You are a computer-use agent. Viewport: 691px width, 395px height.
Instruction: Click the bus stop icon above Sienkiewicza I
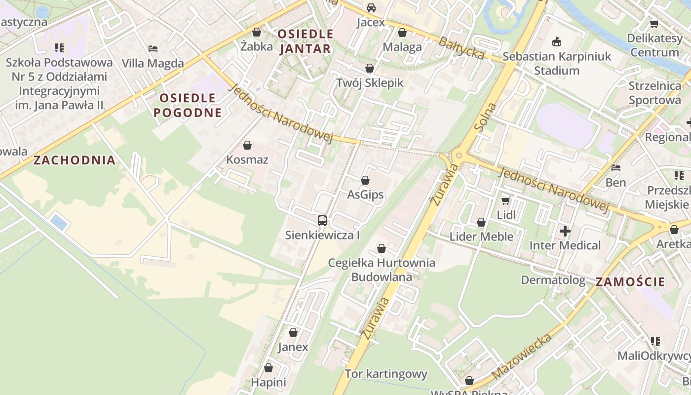coord(322,221)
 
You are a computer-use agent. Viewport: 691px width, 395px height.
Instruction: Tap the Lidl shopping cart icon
coord(505,200)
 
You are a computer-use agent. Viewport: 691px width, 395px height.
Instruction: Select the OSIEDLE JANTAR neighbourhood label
coord(305,41)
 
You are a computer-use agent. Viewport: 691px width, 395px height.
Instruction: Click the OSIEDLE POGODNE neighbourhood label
coord(188,105)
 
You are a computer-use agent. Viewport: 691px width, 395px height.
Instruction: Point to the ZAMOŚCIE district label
coord(630,282)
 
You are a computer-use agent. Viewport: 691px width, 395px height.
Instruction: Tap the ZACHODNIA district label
coord(75,160)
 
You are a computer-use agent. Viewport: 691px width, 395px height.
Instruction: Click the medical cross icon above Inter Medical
coord(565,231)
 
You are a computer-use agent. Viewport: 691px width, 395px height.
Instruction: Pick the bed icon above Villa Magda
coord(153,48)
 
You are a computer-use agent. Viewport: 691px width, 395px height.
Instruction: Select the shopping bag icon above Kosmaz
coord(247,145)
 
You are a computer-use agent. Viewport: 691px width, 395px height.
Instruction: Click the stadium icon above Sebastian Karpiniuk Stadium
coord(557,41)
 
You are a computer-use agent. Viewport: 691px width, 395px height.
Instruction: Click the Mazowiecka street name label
coord(522,356)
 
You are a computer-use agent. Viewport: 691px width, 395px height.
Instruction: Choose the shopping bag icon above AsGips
coord(365,180)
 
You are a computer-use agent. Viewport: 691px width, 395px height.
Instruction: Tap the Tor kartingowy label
coord(386,374)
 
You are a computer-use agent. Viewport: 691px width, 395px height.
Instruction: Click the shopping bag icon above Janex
coord(293,332)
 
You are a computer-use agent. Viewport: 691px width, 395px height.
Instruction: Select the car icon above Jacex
coord(371,8)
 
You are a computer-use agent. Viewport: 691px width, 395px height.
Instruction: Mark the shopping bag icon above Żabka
coord(257,33)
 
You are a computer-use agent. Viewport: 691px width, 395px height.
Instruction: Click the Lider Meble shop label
coord(481,237)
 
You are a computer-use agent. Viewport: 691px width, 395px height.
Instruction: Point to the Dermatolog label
coord(553,280)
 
